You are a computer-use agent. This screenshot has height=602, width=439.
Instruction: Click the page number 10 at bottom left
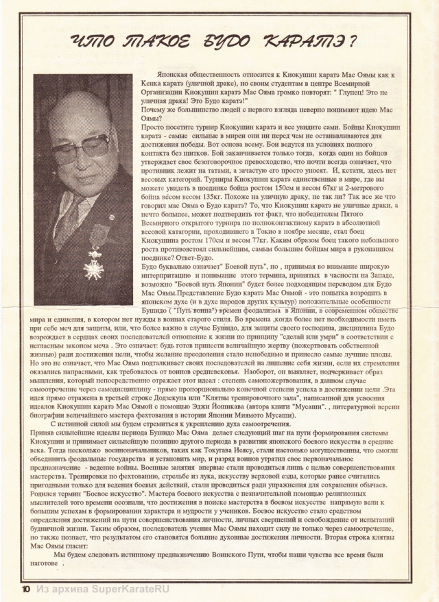tap(26, 589)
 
